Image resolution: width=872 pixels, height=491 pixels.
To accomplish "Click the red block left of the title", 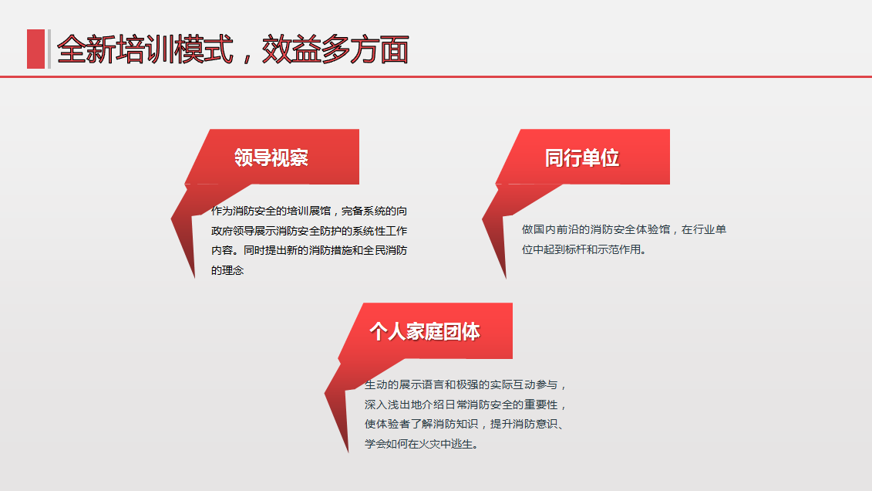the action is point(35,49).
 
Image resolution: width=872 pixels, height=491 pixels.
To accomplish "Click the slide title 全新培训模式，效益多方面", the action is point(233,49).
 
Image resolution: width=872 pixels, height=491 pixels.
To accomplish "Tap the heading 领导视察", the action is point(271,157).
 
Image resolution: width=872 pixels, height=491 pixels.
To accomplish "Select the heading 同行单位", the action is point(581,158).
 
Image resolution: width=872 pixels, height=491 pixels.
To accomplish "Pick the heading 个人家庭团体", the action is point(424,331).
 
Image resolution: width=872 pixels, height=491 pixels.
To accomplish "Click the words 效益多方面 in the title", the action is point(335,49).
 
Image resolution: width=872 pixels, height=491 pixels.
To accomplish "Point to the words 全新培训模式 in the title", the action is point(145,49).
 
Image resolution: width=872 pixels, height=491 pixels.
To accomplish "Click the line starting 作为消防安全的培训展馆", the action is point(309,211).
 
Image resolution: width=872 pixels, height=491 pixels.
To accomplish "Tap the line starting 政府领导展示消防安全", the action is point(309,231).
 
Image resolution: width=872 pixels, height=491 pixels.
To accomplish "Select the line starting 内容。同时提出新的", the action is point(309,250).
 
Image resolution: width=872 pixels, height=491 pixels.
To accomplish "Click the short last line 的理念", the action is point(227,270).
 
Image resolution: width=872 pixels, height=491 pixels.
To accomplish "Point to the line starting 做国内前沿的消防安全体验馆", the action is point(624,229).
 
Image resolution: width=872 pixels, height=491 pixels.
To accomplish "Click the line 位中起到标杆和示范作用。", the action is point(584,249).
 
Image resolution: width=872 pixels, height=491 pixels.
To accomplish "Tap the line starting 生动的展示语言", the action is point(465,384).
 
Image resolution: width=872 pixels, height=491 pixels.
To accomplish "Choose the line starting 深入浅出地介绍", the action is point(465,405).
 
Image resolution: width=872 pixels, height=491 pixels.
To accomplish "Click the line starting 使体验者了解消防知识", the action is point(465,424).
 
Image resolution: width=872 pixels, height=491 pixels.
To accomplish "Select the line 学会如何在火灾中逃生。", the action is point(422,444).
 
